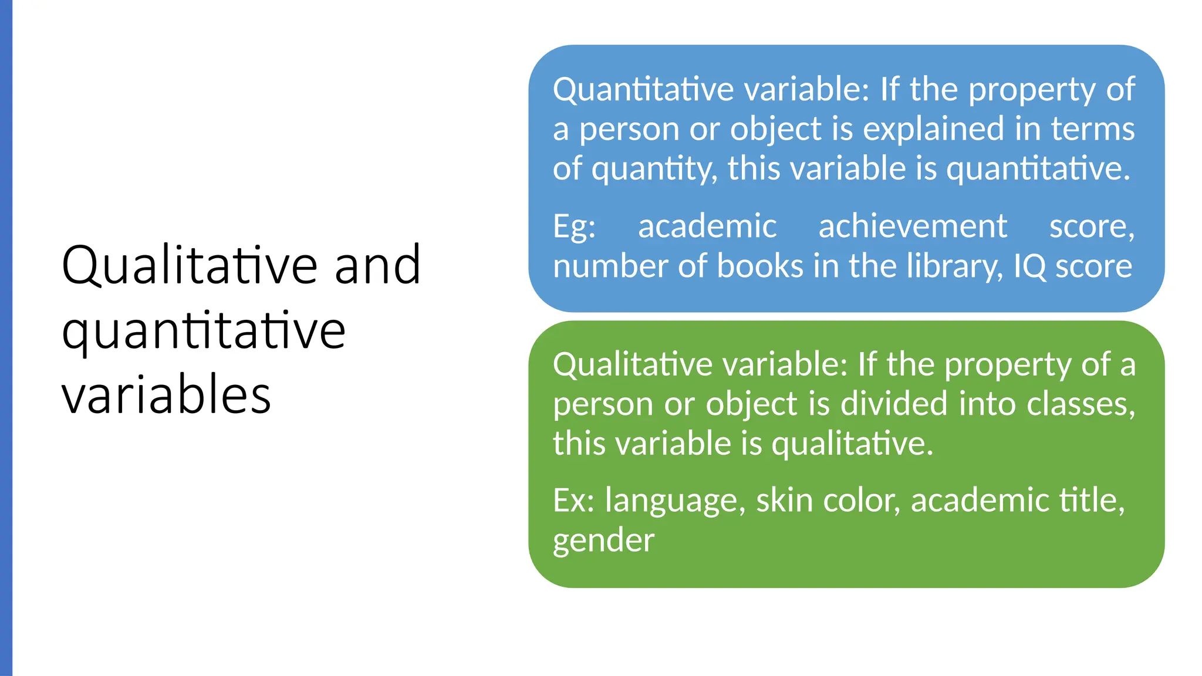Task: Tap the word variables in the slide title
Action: tap(166, 394)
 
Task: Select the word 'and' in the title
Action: tap(377, 265)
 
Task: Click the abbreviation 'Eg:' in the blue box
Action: tap(574, 227)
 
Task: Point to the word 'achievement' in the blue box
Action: tap(913, 227)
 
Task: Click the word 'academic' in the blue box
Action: tap(707, 227)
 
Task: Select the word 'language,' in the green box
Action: tap(675, 502)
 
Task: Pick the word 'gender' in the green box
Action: tap(603, 540)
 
